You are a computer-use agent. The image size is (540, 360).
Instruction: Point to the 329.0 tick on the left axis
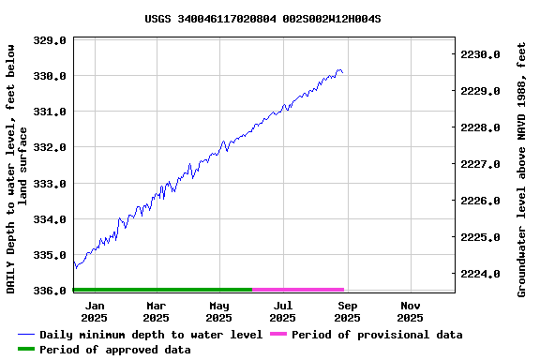pyautogui.click(x=50, y=40)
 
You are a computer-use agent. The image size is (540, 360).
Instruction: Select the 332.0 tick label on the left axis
pyautogui.click(x=50, y=147)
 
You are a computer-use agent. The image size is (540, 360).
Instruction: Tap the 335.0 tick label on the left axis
pyautogui.click(x=50, y=255)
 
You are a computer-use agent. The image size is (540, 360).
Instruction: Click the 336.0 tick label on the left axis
pyautogui.click(x=50, y=291)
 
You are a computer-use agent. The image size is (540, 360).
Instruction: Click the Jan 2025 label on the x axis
pyautogui.click(x=94, y=311)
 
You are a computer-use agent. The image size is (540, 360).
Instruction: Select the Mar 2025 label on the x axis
pyautogui.click(x=157, y=311)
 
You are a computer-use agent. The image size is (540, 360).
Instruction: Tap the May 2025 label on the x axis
pyautogui.click(x=219, y=311)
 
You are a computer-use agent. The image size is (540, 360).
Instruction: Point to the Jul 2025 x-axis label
pyautogui.click(x=283, y=311)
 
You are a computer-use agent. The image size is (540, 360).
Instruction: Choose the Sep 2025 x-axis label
pyautogui.click(x=347, y=311)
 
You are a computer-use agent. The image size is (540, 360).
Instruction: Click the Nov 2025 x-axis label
pyautogui.click(x=410, y=311)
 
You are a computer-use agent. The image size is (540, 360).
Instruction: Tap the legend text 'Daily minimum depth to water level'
pyautogui.click(x=151, y=335)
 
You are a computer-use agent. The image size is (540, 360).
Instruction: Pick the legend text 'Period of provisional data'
pyautogui.click(x=377, y=335)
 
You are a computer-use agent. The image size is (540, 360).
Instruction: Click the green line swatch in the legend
pyautogui.click(x=26, y=350)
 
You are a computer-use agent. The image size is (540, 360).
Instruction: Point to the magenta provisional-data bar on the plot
pyautogui.click(x=298, y=290)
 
